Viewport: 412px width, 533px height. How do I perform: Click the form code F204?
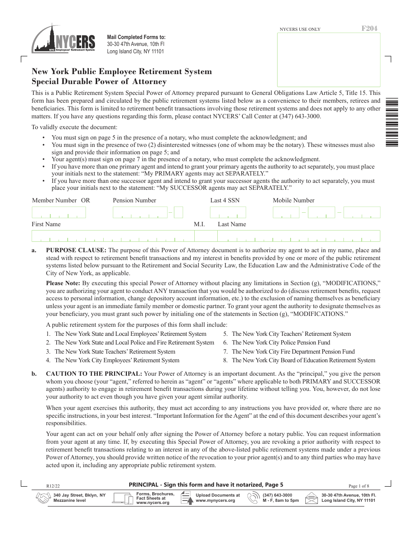coord(369,29)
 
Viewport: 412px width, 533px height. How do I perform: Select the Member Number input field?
coord(59,212)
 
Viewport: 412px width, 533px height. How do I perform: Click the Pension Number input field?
coord(140,212)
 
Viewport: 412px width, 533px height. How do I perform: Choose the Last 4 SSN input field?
coord(228,212)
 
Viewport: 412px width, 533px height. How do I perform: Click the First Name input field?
coord(113,236)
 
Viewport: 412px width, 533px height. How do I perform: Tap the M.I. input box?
coord(206,236)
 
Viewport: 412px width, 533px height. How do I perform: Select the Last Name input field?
coord(298,236)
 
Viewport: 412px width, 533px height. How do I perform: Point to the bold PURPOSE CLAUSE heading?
coord(76,250)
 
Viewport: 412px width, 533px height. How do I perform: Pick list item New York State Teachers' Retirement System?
coord(114,351)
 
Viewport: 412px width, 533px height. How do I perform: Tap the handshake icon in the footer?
coord(43,498)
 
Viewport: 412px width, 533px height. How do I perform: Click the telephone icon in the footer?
coord(253,498)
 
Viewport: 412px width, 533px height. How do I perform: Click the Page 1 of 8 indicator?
coord(359,486)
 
